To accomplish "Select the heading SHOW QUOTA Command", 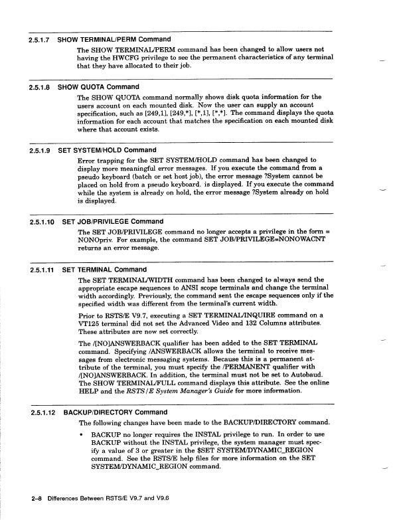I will pyautogui.click(x=98, y=87).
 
